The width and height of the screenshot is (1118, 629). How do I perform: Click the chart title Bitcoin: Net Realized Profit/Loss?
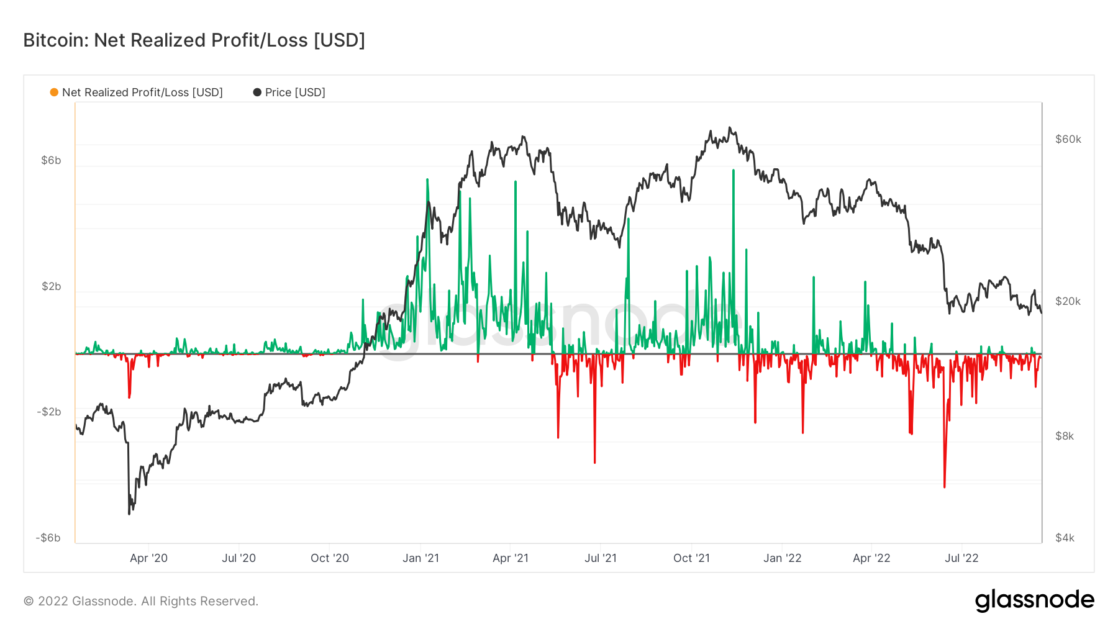pyautogui.click(x=194, y=40)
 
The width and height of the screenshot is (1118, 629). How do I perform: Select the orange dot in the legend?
pyautogui.click(x=54, y=93)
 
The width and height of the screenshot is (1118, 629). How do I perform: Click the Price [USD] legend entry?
pyautogui.click(x=289, y=93)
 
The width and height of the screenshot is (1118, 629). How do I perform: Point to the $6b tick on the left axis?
pyautogui.click(x=51, y=160)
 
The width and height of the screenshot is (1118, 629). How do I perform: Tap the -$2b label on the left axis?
pyautogui.click(x=49, y=412)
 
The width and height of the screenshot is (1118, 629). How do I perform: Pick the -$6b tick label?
pyautogui.click(x=48, y=538)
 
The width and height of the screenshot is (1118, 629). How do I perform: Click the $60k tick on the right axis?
pyautogui.click(x=1068, y=139)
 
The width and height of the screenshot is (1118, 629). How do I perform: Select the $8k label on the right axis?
pyautogui.click(x=1065, y=436)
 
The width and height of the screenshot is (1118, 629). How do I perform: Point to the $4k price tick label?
pyautogui.click(x=1065, y=538)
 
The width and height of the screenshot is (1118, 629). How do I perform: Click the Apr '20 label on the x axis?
pyautogui.click(x=148, y=558)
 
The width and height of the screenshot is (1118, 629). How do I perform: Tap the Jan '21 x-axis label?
pyautogui.click(x=420, y=558)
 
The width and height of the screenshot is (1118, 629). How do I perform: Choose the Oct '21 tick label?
pyautogui.click(x=691, y=558)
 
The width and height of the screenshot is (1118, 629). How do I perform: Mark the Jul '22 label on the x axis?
pyautogui.click(x=961, y=558)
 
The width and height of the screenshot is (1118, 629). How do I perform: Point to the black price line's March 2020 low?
pyautogui.click(x=129, y=514)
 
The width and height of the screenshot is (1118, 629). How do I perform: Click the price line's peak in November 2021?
pyautogui.click(x=730, y=128)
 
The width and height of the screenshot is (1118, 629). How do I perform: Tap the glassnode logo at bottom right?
pyautogui.click(x=1034, y=600)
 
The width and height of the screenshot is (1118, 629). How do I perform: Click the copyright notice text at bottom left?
pyautogui.click(x=141, y=601)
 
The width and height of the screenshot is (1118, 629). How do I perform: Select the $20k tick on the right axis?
pyautogui.click(x=1068, y=301)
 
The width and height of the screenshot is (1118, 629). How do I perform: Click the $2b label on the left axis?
pyautogui.click(x=52, y=286)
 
